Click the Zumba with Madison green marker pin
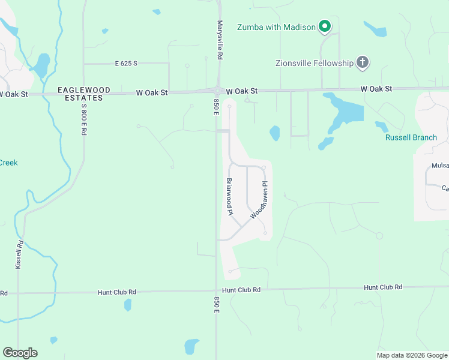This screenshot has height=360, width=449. (325, 26)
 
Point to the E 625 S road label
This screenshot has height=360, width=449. (127, 63)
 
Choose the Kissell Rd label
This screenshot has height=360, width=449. (20, 254)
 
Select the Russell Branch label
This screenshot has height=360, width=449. (411, 137)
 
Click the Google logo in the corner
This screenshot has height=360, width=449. (20, 353)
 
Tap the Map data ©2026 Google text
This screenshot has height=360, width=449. (411, 355)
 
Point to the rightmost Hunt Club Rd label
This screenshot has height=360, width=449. (382, 288)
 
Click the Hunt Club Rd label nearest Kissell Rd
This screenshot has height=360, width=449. (117, 292)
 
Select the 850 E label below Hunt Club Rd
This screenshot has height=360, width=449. (216, 304)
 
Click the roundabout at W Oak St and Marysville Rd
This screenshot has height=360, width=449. (217, 91)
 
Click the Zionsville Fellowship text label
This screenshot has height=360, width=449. (314, 62)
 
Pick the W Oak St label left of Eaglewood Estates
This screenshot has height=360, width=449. (13, 94)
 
